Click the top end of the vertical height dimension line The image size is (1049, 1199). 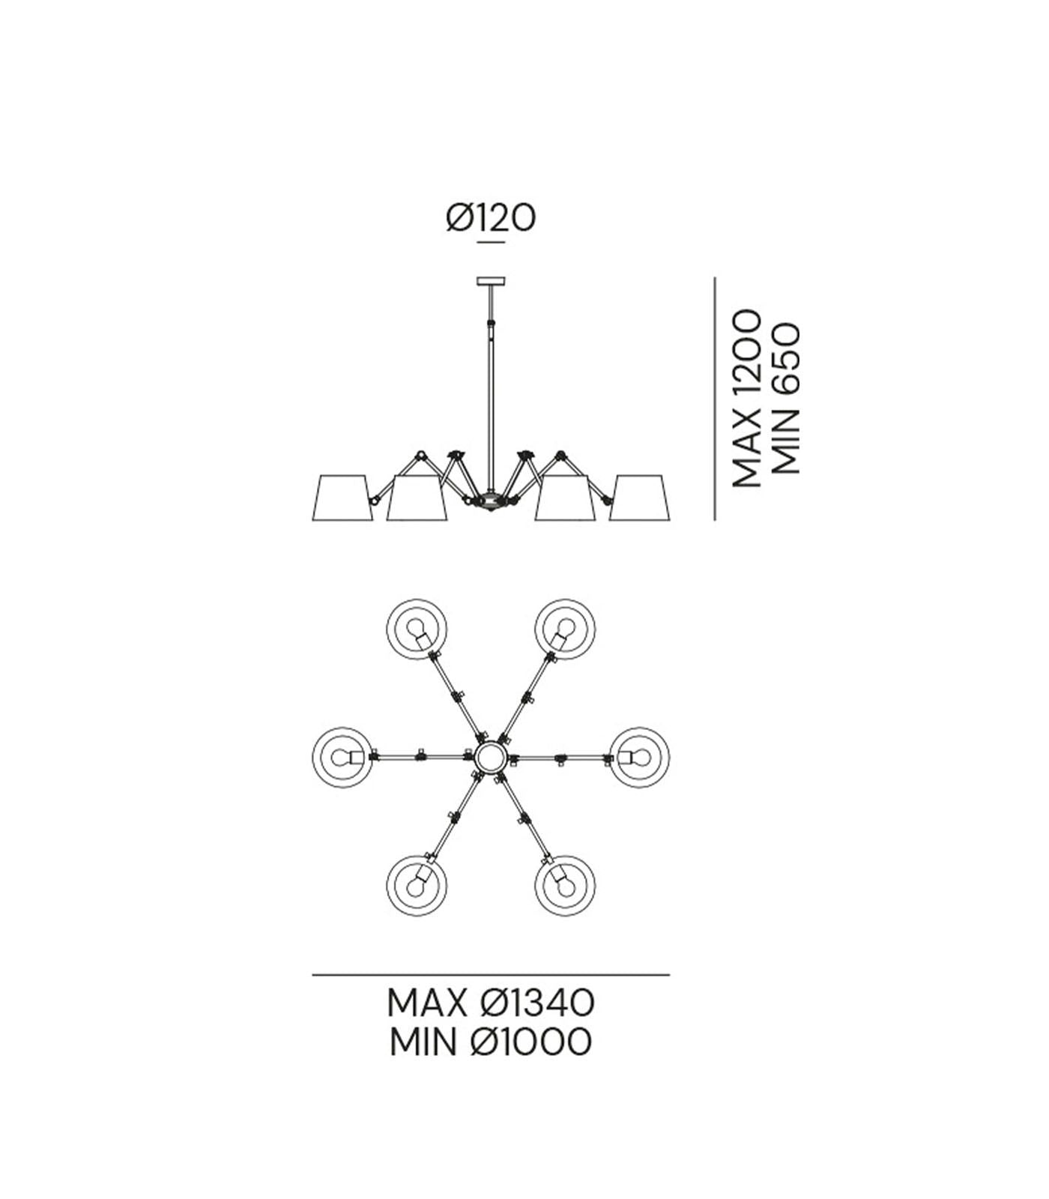(715, 278)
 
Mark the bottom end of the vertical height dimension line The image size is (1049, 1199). (715, 519)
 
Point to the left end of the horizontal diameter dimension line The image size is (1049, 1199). (312, 975)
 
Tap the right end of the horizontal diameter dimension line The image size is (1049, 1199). (669, 975)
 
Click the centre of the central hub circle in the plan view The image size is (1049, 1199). (491, 758)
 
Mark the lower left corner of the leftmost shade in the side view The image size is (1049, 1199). (310, 519)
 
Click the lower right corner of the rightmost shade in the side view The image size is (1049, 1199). (671, 519)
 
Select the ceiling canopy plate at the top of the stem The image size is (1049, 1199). (492, 282)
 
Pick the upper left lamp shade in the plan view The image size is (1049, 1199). (417, 629)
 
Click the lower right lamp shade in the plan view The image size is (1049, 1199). (565, 886)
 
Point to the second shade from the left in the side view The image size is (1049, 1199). (417, 497)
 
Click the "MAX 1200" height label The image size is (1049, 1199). (746, 399)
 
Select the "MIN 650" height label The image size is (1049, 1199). (785, 399)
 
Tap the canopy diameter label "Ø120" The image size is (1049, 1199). (491, 218)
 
